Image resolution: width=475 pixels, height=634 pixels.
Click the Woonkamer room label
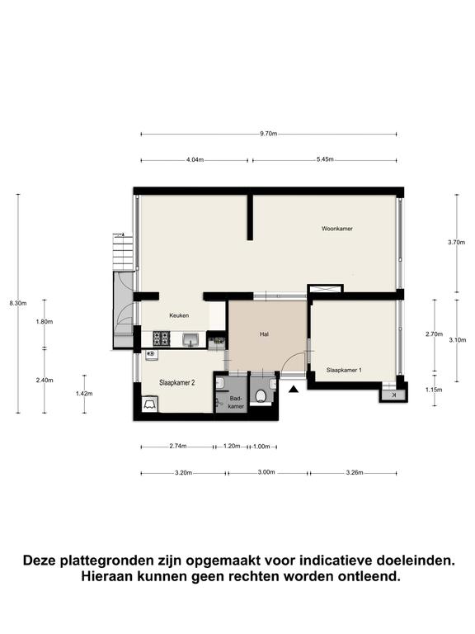(x=336, y=229)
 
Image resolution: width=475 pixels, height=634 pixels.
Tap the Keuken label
(x=179, y=315)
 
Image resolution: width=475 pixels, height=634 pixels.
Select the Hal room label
(x=264, y=334)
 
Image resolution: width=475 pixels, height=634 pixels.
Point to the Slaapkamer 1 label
(x=344, y=370)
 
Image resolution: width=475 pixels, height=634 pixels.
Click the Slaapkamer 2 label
(x=177, y=382)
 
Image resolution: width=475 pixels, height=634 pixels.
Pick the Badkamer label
(x=236, y=402)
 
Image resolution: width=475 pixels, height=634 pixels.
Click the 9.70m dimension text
(x=269, y=134)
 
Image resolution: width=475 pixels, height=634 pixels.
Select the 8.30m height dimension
(x=18, y=303)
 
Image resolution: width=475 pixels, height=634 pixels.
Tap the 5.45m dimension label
(x=325, y=159)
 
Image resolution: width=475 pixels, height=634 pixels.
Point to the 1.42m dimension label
(x=84, y=394)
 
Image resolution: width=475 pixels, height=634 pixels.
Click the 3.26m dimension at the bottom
(x=355, y=472)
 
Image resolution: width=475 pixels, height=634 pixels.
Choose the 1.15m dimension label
(x=434, y=390)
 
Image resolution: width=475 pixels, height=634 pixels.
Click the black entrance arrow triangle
(x=294, y=390)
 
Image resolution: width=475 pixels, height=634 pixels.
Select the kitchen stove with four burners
(x=161, y=338)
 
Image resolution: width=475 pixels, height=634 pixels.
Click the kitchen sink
(x=190, y=339)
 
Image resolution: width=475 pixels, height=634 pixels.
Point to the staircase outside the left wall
(x=123, y=253)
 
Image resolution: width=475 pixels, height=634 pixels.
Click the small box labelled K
(x=394, y=395)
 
